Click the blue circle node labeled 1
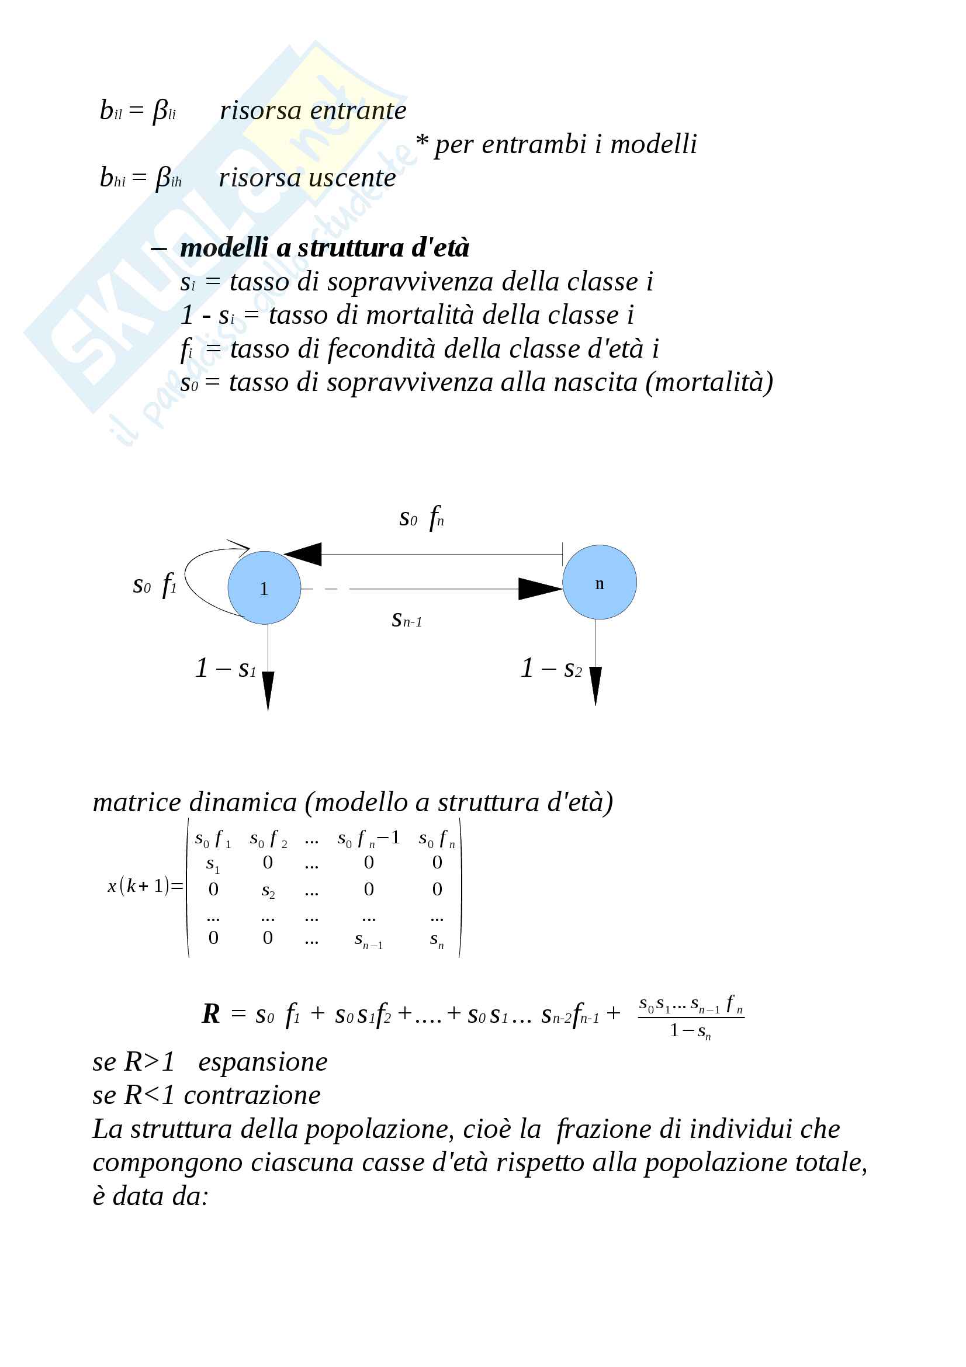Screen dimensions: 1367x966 pos(264,587)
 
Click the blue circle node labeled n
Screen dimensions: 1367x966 pos(599,582)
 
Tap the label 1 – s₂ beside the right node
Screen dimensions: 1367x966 pos(551,668)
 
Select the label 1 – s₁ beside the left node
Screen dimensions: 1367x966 pos(226,668)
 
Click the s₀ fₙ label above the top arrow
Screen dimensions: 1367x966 pos(421,517)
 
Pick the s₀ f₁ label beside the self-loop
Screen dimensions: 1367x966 pos(155,584)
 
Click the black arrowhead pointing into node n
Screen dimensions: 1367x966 pos(539,589)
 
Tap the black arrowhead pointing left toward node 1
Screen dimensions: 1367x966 pos(303,553)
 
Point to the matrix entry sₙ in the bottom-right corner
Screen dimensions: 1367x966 pos(437,940)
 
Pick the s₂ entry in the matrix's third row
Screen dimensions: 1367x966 pos(268,891)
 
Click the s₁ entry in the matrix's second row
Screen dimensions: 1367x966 pos(213,864)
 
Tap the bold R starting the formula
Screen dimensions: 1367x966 pos(211,1013)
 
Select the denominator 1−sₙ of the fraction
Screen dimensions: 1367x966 pos(690,1030)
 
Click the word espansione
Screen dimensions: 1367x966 pos(262,1062)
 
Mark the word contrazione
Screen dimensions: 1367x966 pos(252,1095)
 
